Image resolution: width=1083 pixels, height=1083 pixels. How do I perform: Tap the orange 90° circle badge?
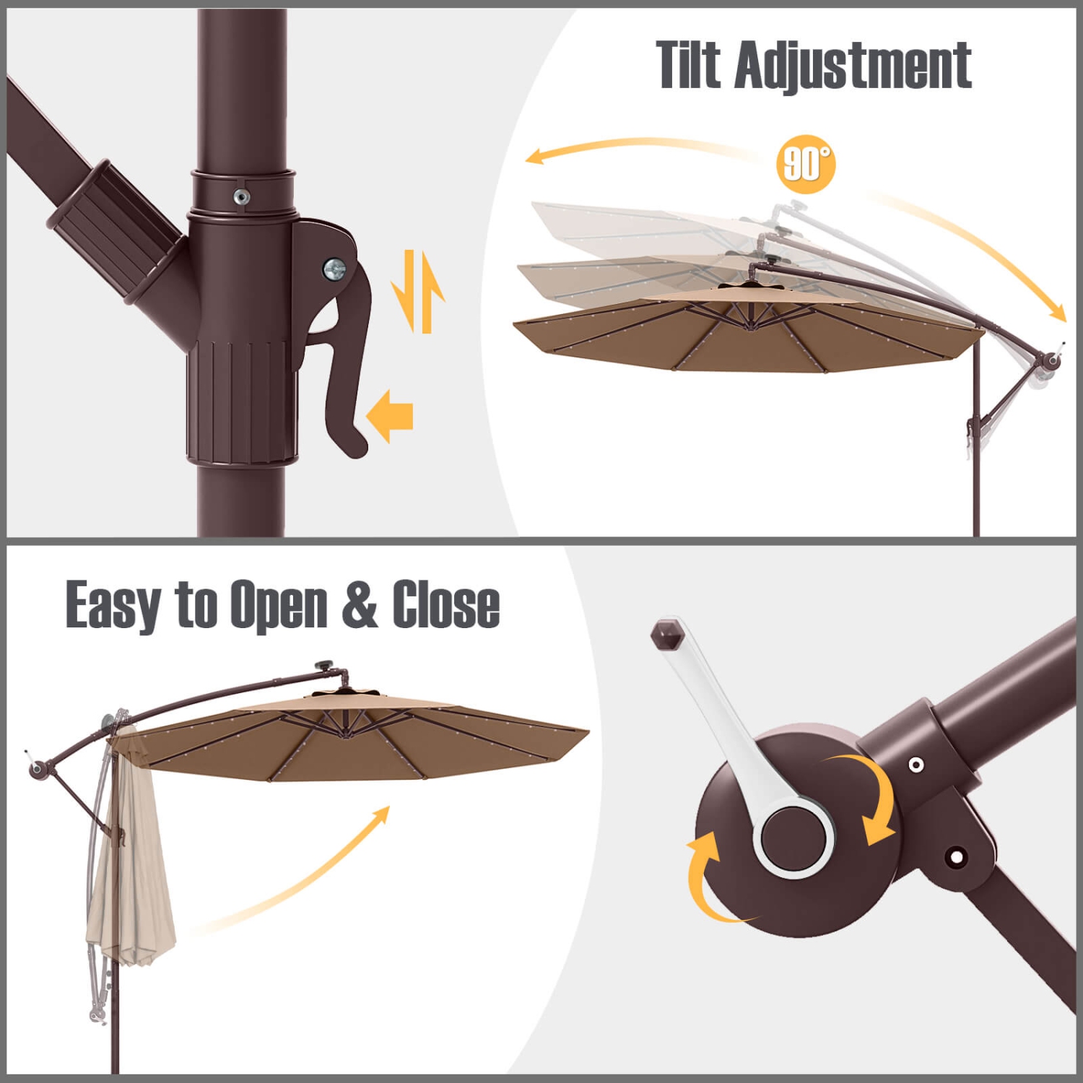click(x=806, y=164)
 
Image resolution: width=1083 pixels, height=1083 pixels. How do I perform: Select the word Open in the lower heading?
click(x=279, y=605)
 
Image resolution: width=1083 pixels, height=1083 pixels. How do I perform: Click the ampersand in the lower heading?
click(x=359, y=605)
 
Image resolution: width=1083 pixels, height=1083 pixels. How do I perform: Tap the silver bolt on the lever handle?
click(x=334, y=269)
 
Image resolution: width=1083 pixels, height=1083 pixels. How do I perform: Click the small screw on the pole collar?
click(x=242, y=196)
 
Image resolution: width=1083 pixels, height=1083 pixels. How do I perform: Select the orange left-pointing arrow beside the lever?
click(x=390, y=417)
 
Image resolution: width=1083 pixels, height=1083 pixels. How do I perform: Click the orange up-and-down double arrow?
click(x=418, y=292)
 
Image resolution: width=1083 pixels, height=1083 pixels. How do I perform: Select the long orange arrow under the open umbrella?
click(x=303, y=874)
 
